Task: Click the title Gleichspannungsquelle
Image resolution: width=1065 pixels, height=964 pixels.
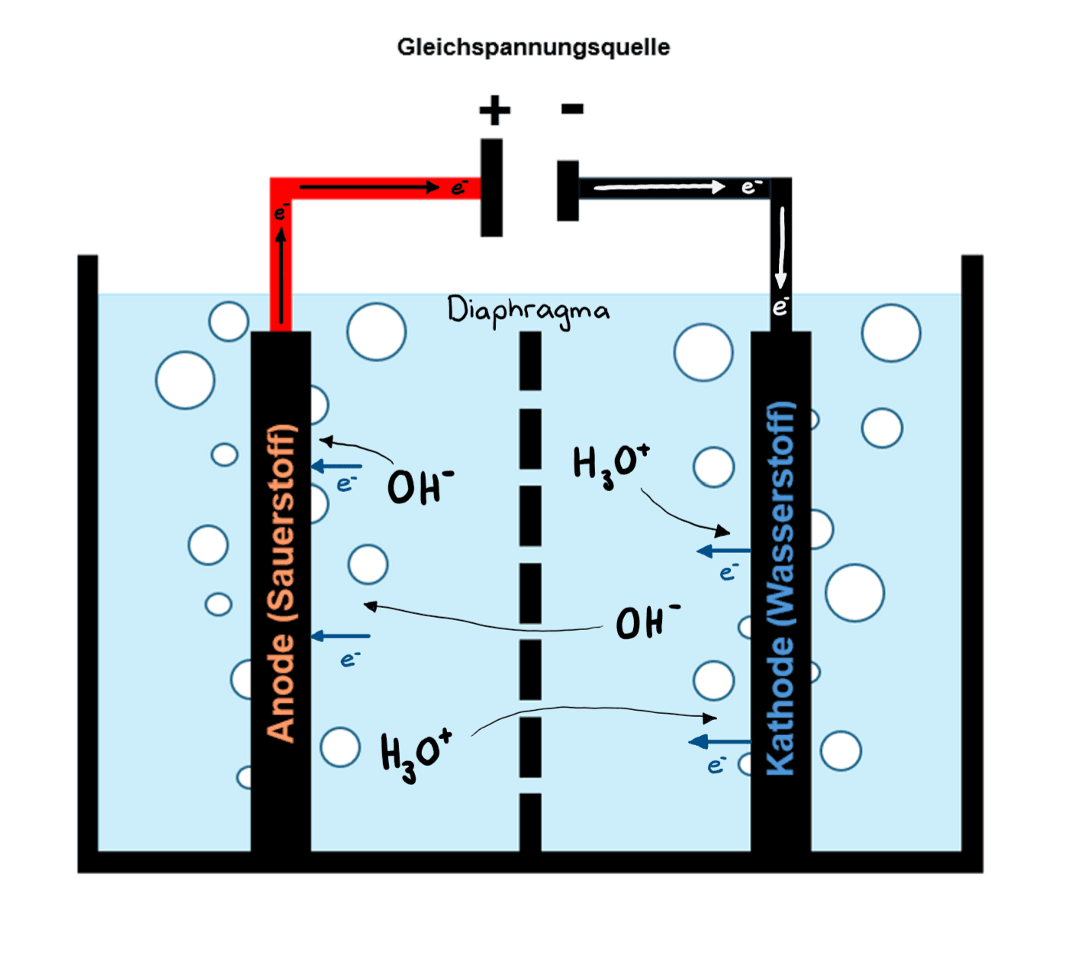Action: pyautogui.click(x=533, y=47)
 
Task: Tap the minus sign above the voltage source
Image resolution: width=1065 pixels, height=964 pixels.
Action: pyautogui.click(x=572, y=109)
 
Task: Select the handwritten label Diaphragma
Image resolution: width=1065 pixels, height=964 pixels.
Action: pyautogui.click(x=528, y=311)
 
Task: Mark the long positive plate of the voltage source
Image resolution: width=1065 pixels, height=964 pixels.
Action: pyautogui.click(x=491, y=188)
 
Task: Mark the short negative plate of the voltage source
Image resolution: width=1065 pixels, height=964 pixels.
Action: pyautogui.click(x=568, y=191)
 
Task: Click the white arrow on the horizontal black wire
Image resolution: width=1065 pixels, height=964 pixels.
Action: pyautogui.click(x=659, y=187)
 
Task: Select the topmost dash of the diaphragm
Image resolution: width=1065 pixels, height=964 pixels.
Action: pyautogui.click(x=530, y=361)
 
